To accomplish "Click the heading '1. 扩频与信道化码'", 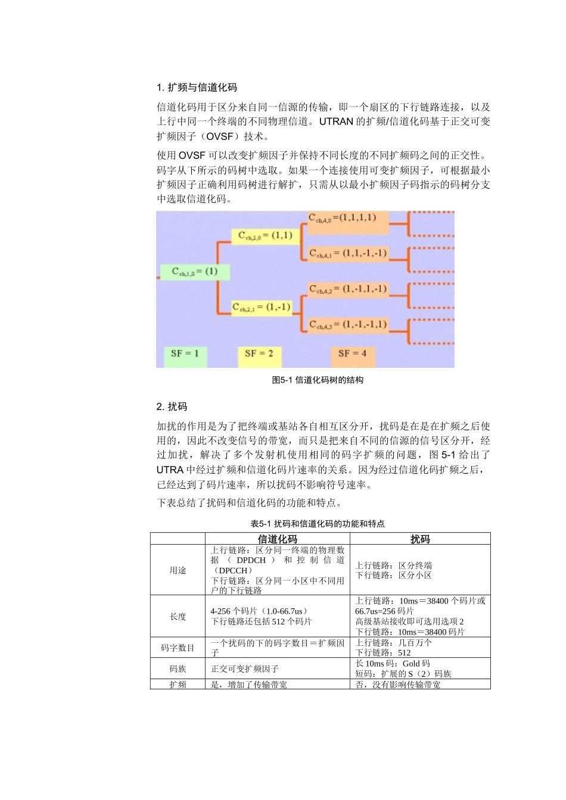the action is (197, 87).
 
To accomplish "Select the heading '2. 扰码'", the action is (172, 407).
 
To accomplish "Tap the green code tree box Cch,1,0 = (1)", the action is (194, 272).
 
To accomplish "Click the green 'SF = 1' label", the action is (185, 354).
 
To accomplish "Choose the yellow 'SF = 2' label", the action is (259, 354).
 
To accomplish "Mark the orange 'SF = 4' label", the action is (352, 354).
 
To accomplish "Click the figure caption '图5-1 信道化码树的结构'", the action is (318, 380).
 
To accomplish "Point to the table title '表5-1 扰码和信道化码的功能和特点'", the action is (318, 524).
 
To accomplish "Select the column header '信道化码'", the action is (277, 539).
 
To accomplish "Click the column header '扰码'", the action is (420, 539).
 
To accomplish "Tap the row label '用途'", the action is (178, 570).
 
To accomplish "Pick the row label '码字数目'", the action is (178, 648).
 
